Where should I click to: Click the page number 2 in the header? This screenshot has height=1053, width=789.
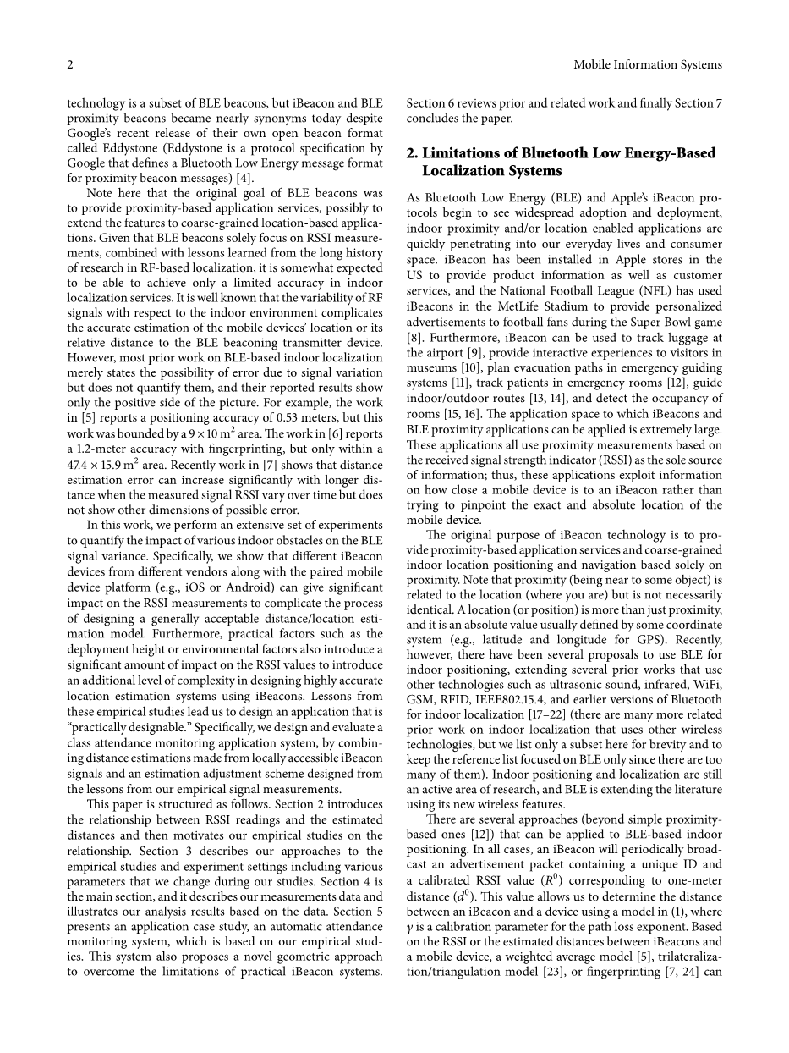coord(70,64)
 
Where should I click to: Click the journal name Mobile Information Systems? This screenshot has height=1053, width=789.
coord(648,64)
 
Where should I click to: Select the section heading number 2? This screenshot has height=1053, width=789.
coord(412,153)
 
